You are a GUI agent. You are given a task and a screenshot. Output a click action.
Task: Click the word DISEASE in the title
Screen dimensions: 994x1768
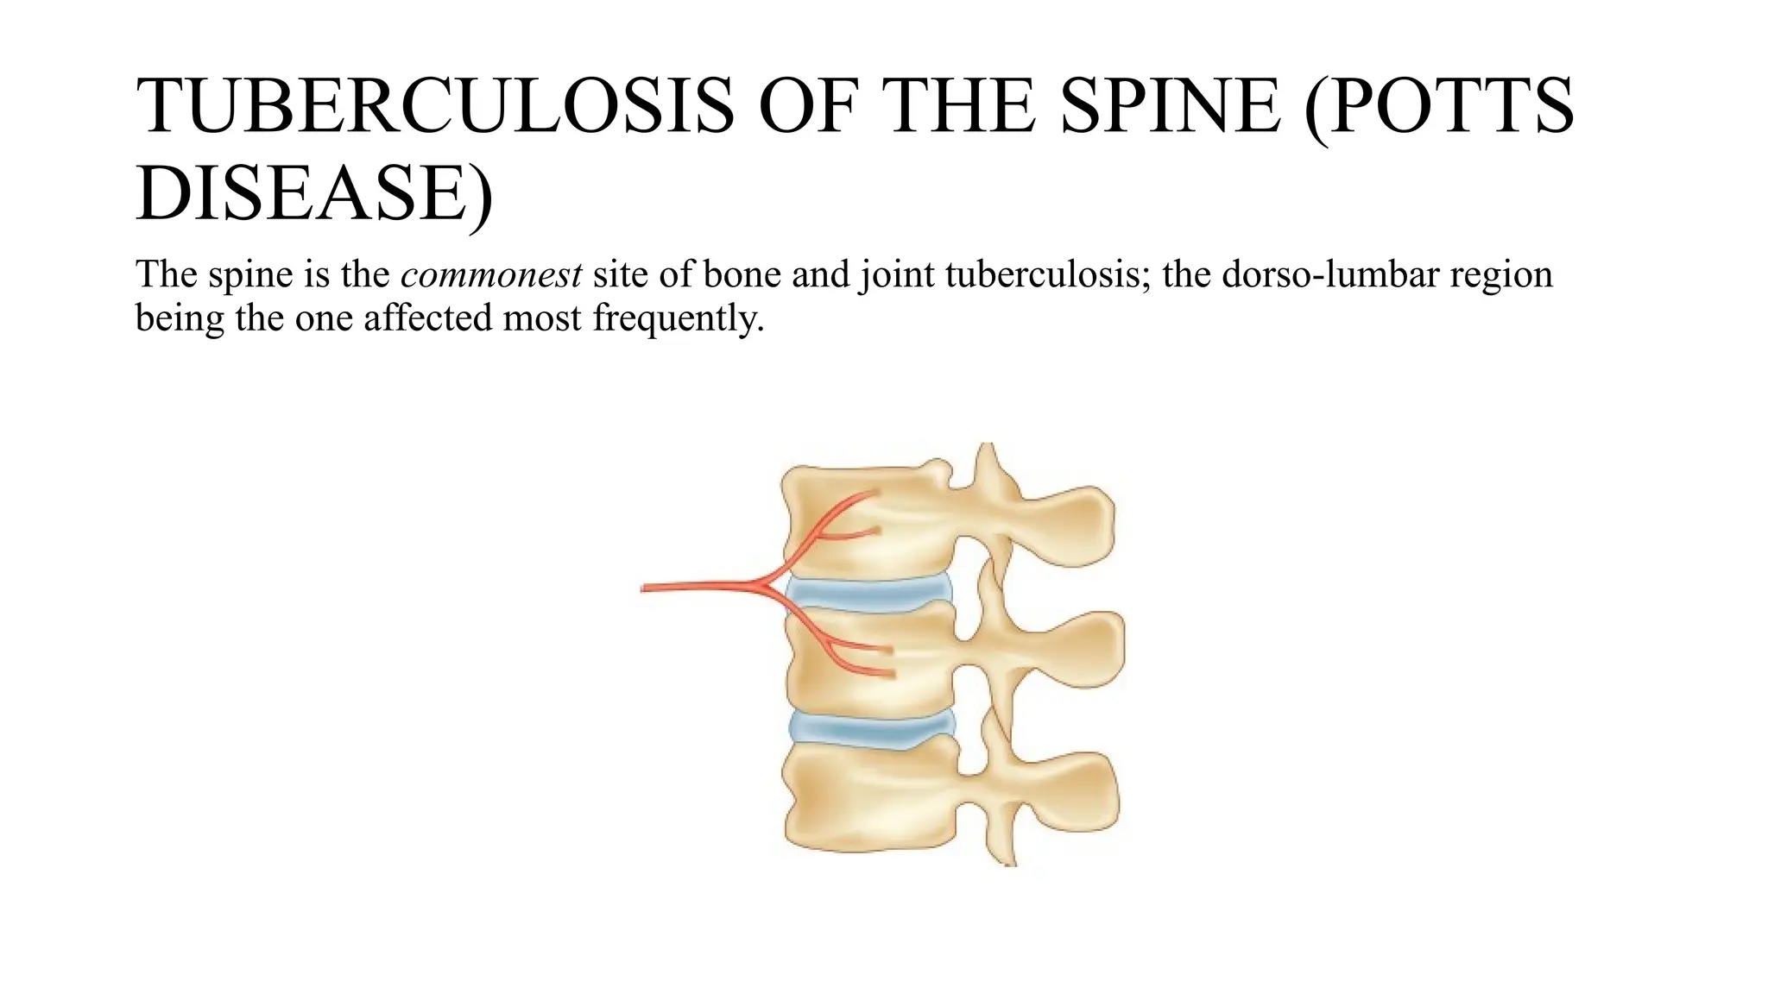pos(301,193)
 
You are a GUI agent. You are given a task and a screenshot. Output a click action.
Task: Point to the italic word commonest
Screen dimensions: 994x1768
pos(491,275)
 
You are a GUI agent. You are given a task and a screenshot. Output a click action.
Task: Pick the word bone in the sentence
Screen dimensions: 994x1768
pos(742,275)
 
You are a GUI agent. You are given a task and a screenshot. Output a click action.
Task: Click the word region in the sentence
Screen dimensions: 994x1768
pos(1501,275)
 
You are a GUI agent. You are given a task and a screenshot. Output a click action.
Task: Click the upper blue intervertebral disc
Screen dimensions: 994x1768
pos(868,594)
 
